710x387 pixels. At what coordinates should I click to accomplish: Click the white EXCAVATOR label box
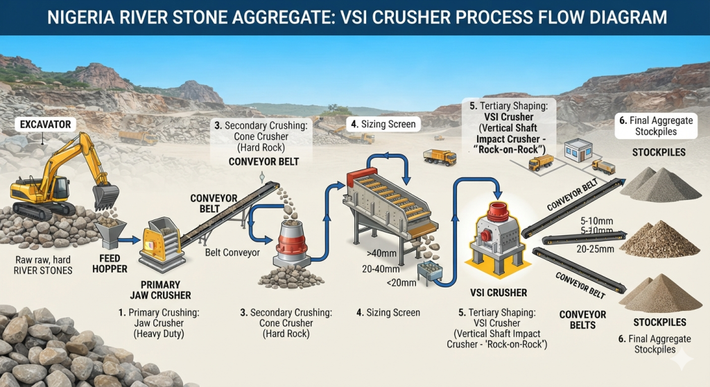tap(45, 125)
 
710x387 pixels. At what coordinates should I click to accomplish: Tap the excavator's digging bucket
tap(105, 197)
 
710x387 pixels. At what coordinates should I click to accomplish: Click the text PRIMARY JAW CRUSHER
tap(160, 290)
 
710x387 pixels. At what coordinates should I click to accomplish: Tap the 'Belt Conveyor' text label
tap(232, 252)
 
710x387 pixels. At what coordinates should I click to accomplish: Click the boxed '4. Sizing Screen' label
tap(383, 125)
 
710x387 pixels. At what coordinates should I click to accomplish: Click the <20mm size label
tap(401, 283)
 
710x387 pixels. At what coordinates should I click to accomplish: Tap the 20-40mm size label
tap(381, 269)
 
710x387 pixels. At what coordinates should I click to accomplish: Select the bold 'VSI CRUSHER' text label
tap(499, 293)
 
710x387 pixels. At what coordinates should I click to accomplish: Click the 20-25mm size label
tap(595, 249)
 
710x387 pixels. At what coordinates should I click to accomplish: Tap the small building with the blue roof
tap(578, 150)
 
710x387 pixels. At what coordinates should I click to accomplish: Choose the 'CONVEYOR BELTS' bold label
tap(582, 320)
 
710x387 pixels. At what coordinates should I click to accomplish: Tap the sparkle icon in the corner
tap(682, 359)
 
